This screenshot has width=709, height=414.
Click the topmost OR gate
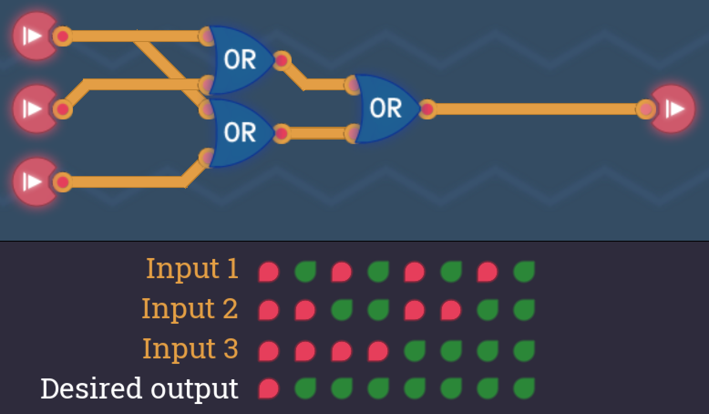[x=239, y=59]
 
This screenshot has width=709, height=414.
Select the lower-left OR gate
[x=239, y=133]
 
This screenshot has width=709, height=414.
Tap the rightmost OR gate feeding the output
[x=385, y=109]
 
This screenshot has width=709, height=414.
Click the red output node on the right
[x=673, y=109]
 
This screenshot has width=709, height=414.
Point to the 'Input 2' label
[x=190, y=308]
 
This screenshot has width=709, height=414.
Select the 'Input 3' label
[x=190, y=349]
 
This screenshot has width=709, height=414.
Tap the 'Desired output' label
[x=139, y=388]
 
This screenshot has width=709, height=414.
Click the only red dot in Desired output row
[x=268, y=389]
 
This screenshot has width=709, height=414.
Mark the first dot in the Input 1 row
[x=268, y=272]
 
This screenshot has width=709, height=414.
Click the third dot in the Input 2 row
[x=341, y=310]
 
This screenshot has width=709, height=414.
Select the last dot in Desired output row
[x=524, y=389]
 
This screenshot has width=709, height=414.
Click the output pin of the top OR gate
[x=282, y=60]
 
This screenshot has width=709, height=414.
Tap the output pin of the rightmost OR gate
[x=427, y=109]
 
